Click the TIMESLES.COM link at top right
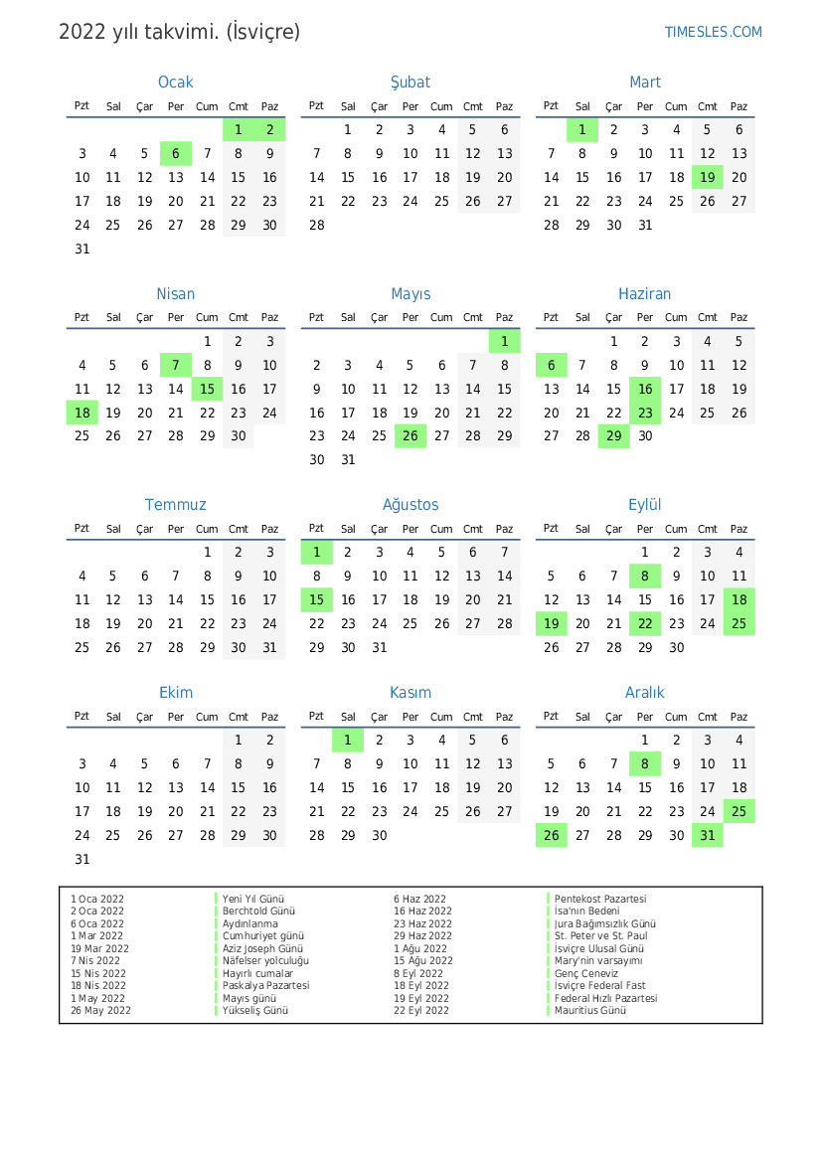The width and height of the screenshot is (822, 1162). coord(713,32)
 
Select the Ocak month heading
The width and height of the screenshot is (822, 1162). coord(176,83)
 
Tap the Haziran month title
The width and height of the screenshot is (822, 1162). coord(644,294)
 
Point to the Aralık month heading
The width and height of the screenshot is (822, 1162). coord(644,693)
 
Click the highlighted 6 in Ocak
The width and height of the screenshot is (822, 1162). coord(176,153)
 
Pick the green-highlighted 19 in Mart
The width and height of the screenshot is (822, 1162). coord(708,177)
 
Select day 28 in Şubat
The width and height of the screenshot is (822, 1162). coord(316,225)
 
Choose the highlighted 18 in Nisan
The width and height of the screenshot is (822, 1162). coord(82,413)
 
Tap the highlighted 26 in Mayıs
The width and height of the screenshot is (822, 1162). coord(411,435)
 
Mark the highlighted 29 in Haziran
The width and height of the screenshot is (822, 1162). coord(613,435)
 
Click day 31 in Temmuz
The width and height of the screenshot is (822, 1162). coord(269,647)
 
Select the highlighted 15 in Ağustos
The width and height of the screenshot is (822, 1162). coord(316,599)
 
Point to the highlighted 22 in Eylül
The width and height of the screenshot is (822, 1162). coord(645,623)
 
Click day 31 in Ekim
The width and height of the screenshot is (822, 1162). coord(82,859)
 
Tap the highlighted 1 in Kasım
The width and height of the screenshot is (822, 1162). coord(348,740)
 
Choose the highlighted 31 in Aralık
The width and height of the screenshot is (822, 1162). coord(708,835)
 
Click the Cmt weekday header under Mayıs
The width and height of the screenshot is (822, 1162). coord(473,318)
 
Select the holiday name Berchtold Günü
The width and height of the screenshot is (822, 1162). coord(258,912)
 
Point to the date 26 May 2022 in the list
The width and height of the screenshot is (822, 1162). coord(100,1011)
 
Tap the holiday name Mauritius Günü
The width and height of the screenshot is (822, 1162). coord(590,1011)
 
